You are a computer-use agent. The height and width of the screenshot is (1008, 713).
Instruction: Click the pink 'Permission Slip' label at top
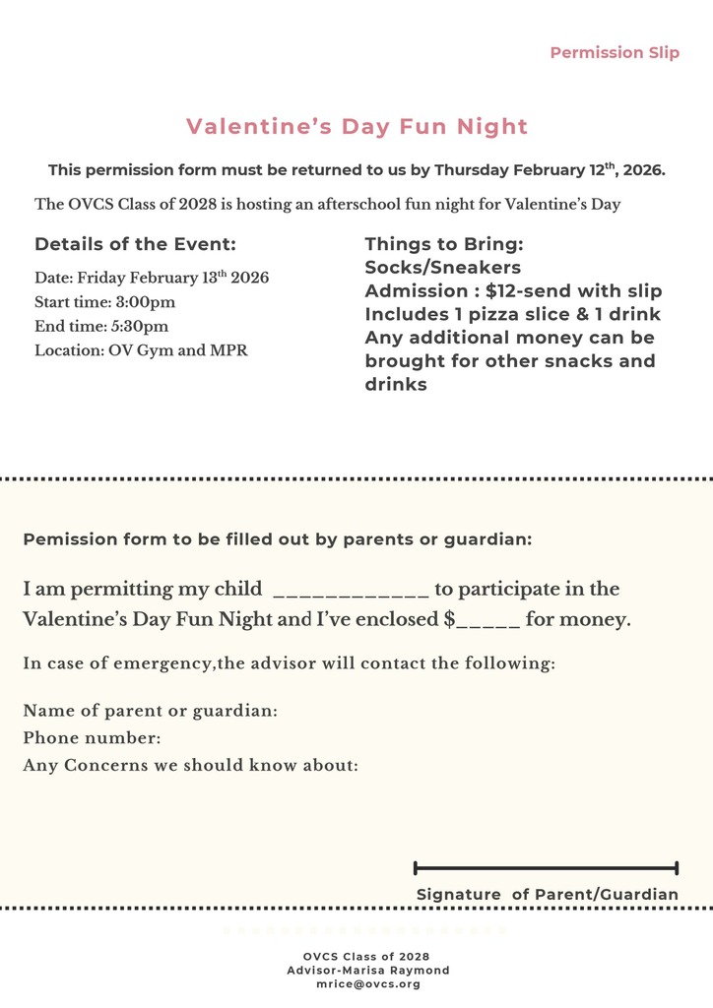point(615,53)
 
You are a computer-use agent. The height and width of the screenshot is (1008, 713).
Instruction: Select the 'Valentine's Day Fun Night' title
point(356,126)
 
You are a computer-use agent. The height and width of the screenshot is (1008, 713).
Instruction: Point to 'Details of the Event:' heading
point(135,245)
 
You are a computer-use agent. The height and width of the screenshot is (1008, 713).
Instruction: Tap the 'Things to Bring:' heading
point(443,244)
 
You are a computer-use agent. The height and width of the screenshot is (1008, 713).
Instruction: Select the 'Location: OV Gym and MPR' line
point(141,350)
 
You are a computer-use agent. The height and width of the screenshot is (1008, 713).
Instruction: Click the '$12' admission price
point(504,291)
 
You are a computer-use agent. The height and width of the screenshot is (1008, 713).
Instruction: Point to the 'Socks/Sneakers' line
point(442,268)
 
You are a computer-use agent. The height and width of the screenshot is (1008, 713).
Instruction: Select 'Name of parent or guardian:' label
point(150,711)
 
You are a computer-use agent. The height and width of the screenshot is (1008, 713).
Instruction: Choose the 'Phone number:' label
point(92,738)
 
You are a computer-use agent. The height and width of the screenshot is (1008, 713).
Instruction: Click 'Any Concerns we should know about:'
point(190,765)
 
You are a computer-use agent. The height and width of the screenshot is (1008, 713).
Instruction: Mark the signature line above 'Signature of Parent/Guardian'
point(546,868)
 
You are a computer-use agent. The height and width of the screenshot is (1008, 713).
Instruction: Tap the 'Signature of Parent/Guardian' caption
point(547,895)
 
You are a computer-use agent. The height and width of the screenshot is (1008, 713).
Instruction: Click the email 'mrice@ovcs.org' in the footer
point(367,984)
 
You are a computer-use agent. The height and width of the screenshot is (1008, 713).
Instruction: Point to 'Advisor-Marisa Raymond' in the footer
point(367,971)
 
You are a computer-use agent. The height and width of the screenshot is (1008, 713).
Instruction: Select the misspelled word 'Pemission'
point(65,539)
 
